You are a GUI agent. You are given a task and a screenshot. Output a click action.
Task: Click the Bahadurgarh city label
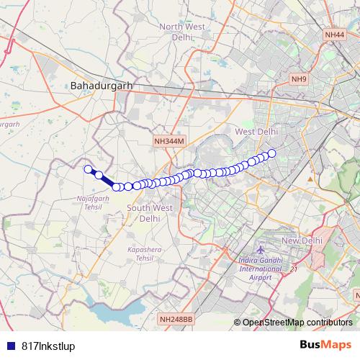pyautogui.click(x=102, y=86)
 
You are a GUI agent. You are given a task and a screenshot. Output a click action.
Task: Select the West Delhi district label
pyautogui.click(x=256, y=131)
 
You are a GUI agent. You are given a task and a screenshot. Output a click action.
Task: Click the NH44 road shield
pyautogui.click(x=335, y=34)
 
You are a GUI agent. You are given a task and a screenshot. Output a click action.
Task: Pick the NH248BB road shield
pyautogui.click(x=176, y=319)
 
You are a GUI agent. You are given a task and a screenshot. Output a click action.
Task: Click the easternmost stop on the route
pyautogui.click(x=272, y=153)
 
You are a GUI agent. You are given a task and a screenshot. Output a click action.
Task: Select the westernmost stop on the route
pyautogui.click(x=89, y=169)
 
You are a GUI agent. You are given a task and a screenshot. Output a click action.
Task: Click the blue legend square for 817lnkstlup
pyautogui.click(x=9, y=346)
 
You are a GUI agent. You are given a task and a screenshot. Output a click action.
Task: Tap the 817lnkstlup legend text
pyautogui.click(x=48, y=346)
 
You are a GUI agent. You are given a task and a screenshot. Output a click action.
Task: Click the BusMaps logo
pyautogui.click(x=325, y=345)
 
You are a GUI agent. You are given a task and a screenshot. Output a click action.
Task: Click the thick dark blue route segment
pyautogui.click(x=107, y=181)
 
